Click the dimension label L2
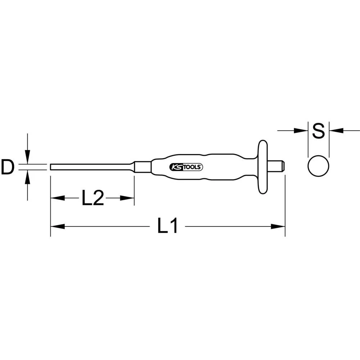(x=93, y=198)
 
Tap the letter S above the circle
(x=319, y=131)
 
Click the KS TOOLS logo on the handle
(x=186, y=167)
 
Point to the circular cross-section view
(x=319, y=166)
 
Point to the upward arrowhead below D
(x=27, y=178)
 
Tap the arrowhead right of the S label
(x=336, y=131)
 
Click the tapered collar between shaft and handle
(x=143, y=167)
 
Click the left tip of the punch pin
(x=51, y=167)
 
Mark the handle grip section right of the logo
(x=230, y=167)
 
